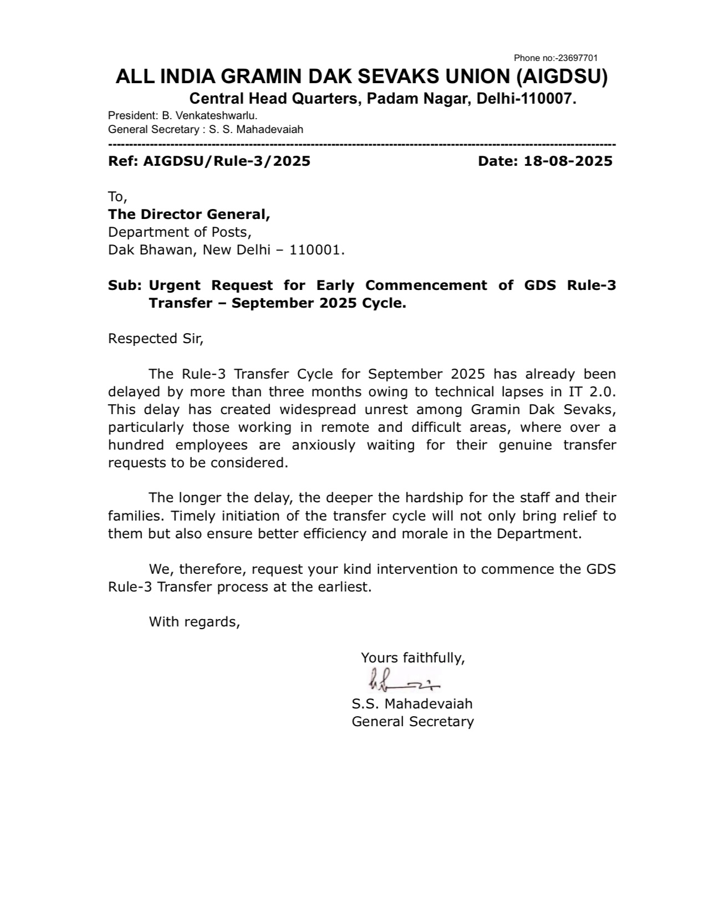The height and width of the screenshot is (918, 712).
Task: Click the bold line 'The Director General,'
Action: [x=189, y=214]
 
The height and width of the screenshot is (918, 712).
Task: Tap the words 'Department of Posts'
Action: [x=179, y=232]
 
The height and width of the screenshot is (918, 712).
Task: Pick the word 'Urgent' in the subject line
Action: [x=175, y=285]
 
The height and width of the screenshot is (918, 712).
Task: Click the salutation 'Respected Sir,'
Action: [x=156, y=339]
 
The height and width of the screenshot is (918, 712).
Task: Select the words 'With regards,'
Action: [x=194, y=622]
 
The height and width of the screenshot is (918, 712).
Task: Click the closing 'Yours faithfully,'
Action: [x=413, y=658]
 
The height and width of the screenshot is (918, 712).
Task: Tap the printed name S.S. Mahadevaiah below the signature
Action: [x=412, y=704]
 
